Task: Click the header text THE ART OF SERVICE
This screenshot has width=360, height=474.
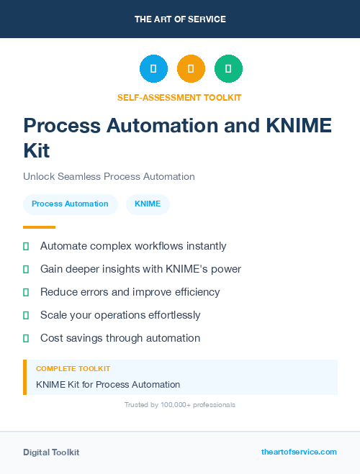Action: tap(180, 19)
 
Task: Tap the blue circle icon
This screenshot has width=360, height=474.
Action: tap(153, 69)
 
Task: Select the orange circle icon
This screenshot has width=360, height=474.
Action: tap(191, 69)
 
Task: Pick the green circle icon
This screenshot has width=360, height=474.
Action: tap(228, 69)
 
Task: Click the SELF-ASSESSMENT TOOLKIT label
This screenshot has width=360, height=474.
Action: tap(179, 97)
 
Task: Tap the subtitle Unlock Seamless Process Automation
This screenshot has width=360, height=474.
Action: tap(109, 176)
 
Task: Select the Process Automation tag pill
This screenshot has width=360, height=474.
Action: tap(70, 204)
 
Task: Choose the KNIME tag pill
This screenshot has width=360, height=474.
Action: tap(148, 204)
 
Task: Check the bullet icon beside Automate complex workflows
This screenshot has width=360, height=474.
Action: tap(26, 246)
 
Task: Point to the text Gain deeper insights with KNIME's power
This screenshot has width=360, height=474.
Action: tap(140, 269)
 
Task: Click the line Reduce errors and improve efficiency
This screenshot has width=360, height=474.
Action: tap(130, 292)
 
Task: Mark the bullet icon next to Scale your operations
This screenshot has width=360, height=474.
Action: tap(26, 315)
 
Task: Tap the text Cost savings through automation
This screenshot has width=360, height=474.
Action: tap(120, 338)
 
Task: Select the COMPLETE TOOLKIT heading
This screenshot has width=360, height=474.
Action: tap(73, 368)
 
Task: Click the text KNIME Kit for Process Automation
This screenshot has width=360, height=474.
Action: tap(108, 384)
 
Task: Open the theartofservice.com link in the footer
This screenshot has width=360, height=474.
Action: tap(299, 452)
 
